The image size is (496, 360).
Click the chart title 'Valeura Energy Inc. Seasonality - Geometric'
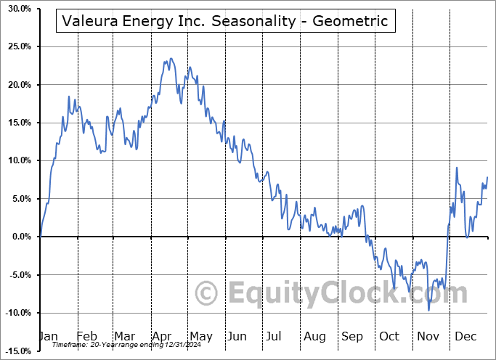(225, 21)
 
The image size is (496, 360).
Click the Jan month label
(48, 336)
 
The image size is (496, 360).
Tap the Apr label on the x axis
(161, 336)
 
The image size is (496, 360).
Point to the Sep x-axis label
(352, 336)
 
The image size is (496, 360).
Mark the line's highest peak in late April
(171, 59)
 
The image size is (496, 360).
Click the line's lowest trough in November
(428, 310)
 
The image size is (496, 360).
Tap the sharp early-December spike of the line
(457, 168)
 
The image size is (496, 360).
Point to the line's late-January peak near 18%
(69, 97)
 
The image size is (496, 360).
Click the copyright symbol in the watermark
(207, 293)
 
